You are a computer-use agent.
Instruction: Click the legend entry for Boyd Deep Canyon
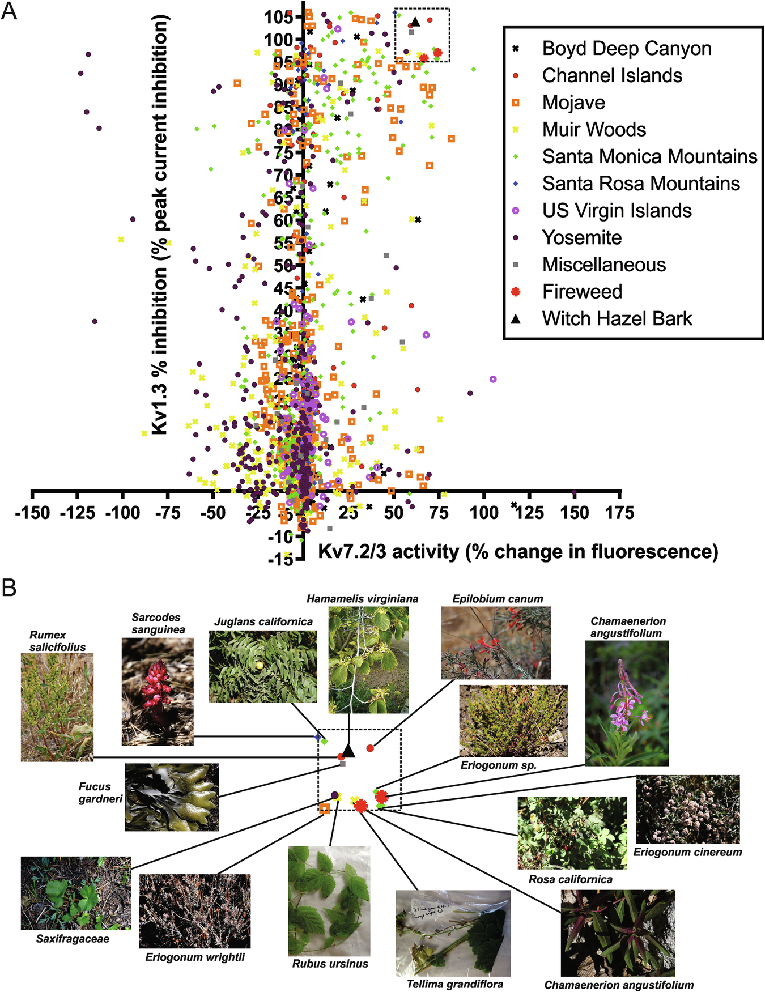coord(626,49)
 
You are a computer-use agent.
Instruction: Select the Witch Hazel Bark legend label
coord(617,318)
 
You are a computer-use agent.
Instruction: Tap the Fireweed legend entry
coord(582,292)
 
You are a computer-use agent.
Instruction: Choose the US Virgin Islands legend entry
coord(617,211)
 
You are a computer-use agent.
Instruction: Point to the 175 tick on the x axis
coord(620,513)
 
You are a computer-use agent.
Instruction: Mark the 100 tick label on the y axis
coord(278,40)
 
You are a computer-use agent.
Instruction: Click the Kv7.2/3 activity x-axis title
coord(518,551)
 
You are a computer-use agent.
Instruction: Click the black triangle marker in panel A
coord(415,22)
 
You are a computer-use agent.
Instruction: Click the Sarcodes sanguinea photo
coord(158,691)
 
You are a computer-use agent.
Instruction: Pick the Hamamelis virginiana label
coord(362,599)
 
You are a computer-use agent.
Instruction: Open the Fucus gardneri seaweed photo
coord(172,797)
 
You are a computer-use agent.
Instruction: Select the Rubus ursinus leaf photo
coord(329,901)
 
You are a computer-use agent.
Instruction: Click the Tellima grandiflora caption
coord(454,984)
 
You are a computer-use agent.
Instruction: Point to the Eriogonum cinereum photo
coord(688,809)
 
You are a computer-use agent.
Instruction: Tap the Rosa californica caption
coord(570,879)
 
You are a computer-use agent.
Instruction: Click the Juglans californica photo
coord(263,666)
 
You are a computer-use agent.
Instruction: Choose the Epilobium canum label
coord(498,599)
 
